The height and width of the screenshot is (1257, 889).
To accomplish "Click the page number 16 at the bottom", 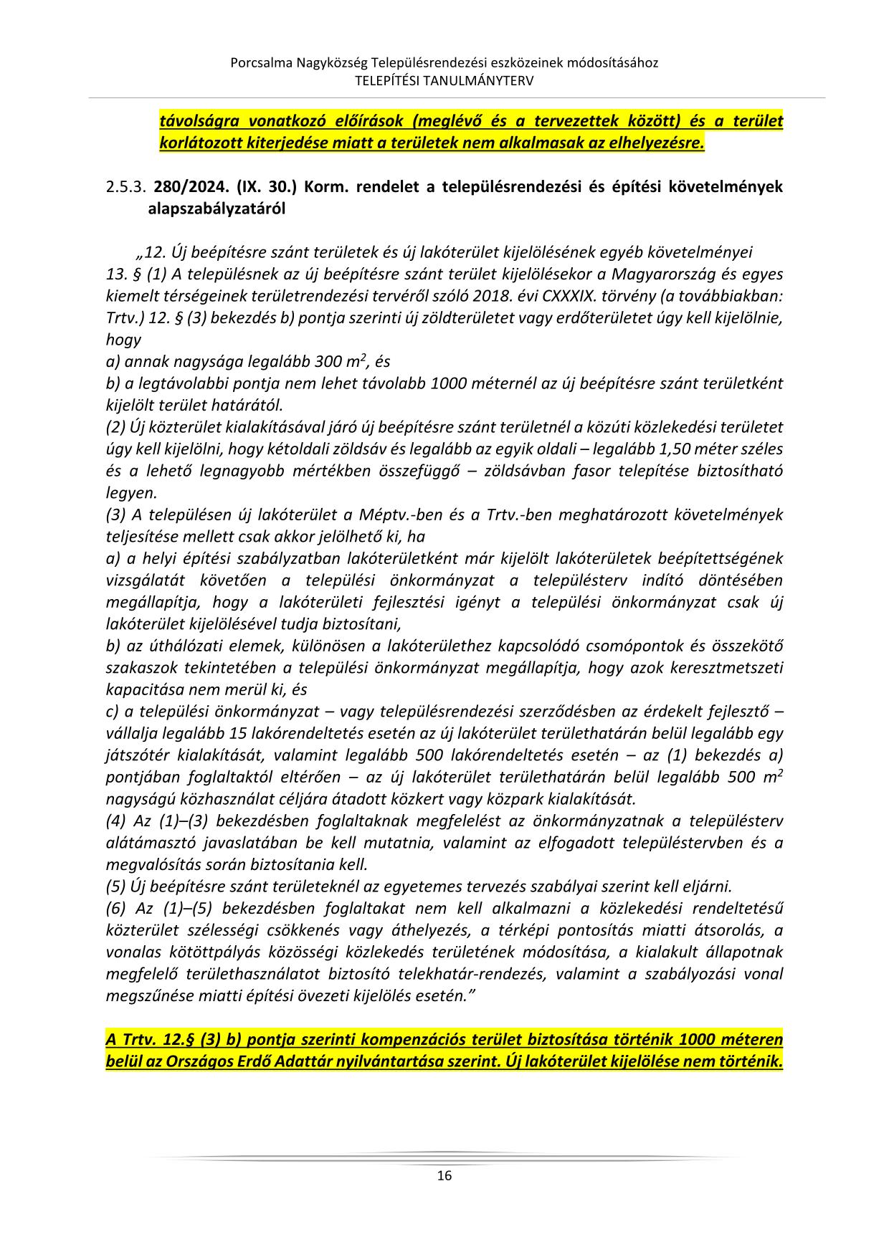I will pyautogui.click(x=444, y=1175).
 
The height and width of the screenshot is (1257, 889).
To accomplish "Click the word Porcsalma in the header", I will pyautogui.click(x=260, y=63).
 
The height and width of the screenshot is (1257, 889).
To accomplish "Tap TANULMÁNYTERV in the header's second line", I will pyautogui.click(x=487, y=81).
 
